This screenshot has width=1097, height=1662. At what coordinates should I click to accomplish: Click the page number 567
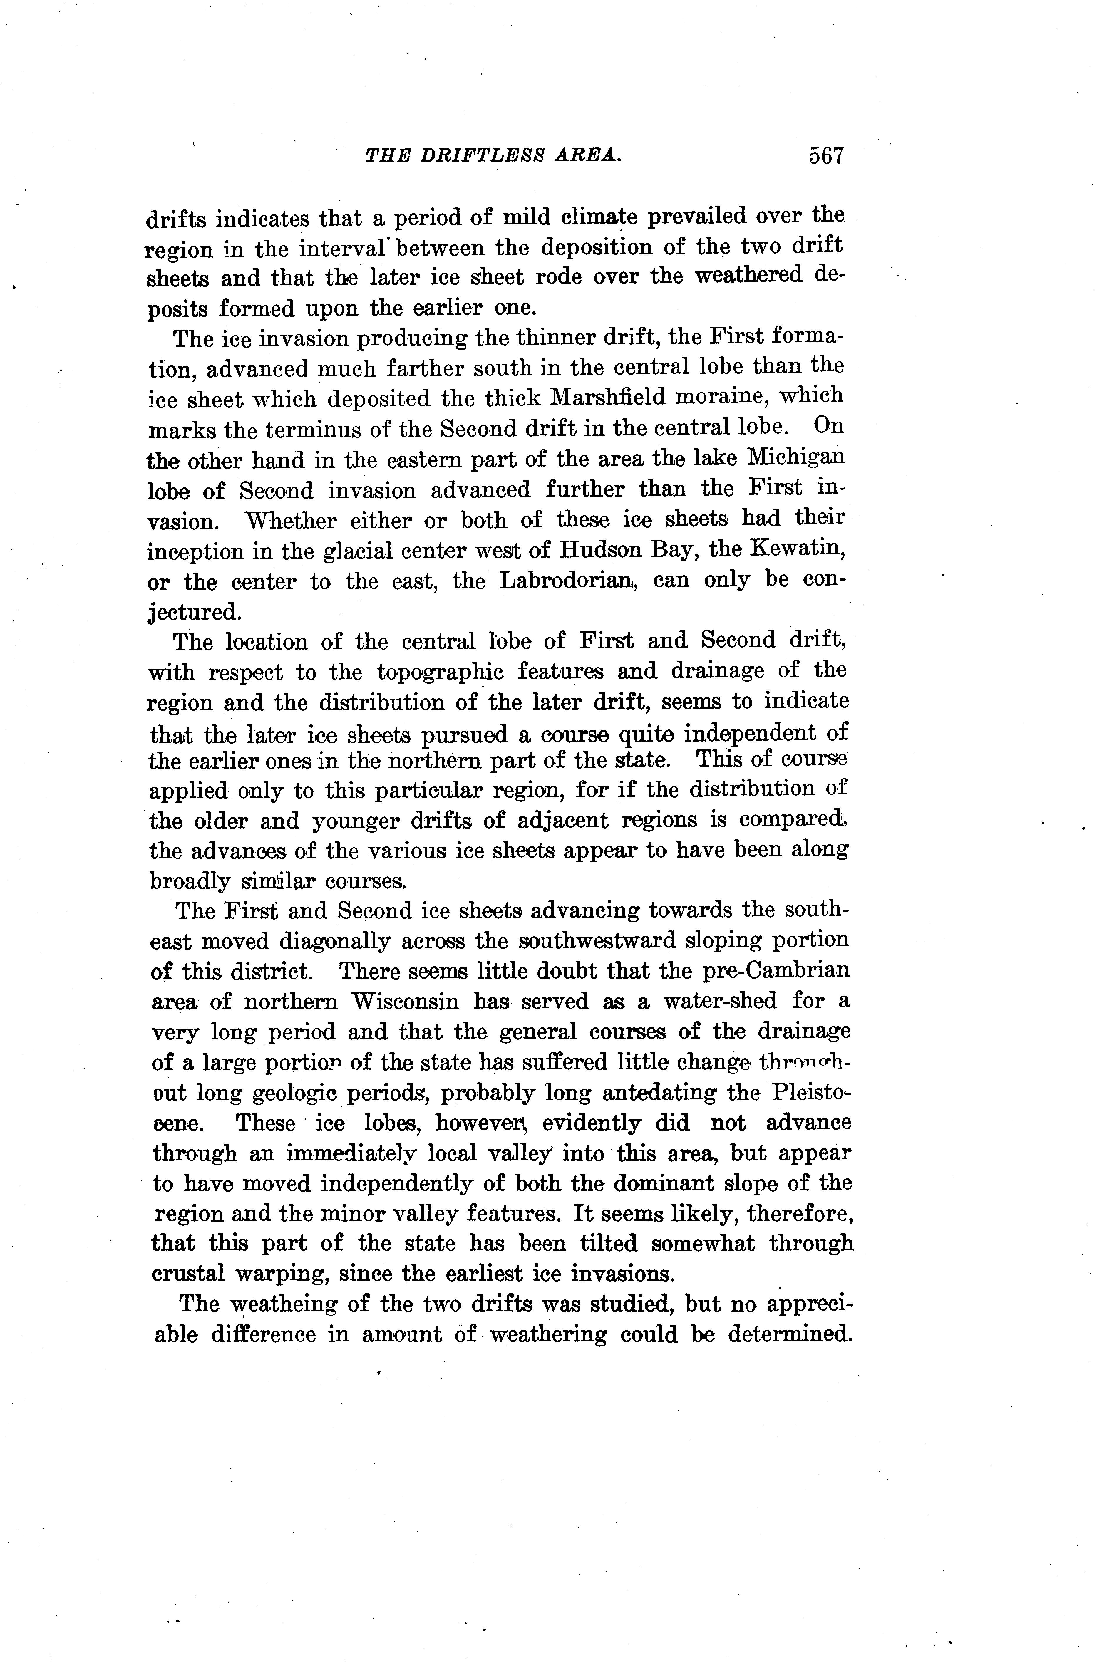point(826,155)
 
